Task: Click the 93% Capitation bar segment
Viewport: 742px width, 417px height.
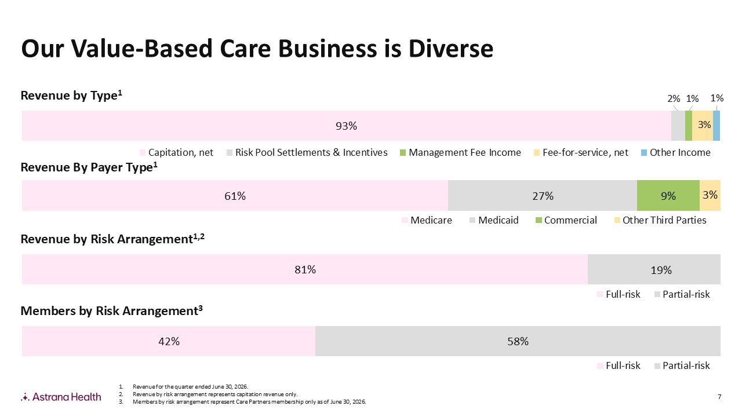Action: [347, 126]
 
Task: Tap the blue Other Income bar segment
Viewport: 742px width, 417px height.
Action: [716, 126]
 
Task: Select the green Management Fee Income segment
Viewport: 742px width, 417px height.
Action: [689, 126]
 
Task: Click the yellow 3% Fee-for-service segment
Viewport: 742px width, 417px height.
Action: [703, 126]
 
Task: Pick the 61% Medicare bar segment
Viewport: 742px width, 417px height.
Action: [235, 196]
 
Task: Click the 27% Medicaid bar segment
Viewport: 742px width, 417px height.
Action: [543, 196]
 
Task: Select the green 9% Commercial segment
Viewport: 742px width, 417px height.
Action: [668, 196]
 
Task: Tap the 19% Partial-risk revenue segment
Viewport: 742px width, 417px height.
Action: [654, 269]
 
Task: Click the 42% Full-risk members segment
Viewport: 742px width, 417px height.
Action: [169, 341]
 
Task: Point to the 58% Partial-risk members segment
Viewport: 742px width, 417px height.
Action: [518, 341]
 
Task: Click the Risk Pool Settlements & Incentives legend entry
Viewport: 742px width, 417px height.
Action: [307, 152]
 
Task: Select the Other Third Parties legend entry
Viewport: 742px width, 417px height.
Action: [660, 220]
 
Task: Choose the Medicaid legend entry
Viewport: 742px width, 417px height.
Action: [494, 220]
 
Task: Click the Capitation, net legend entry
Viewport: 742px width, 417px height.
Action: [177, 152]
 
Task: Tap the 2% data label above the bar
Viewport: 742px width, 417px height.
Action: [674, 98]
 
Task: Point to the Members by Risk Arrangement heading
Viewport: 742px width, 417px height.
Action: [112, 311]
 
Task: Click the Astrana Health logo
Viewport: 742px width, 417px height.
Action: [61, 397]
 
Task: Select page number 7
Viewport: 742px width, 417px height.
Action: [719, 397]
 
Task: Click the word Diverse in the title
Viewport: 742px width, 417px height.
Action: [451, 49]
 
